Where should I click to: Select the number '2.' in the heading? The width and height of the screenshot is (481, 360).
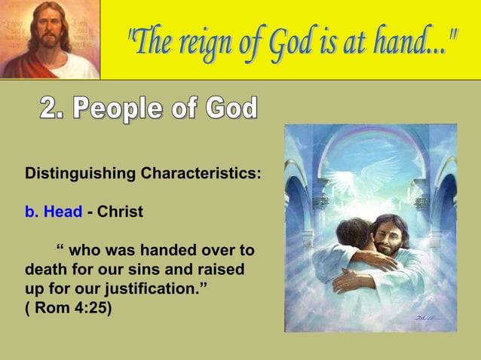pyautogui.click(x=54, y=109)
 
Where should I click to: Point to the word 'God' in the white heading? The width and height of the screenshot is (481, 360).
pyautogui.click(x=231, y=109)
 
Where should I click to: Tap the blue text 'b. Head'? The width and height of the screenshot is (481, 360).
pyautogui.click(x=54, y=212)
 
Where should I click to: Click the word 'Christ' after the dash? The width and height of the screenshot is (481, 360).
pyautogui.click(x=120, y=212)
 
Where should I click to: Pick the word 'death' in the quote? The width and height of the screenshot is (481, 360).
pyautogui.click(x=46, y=270)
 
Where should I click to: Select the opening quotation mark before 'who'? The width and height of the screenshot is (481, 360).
pyautogui.click(x=60, y=250)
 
